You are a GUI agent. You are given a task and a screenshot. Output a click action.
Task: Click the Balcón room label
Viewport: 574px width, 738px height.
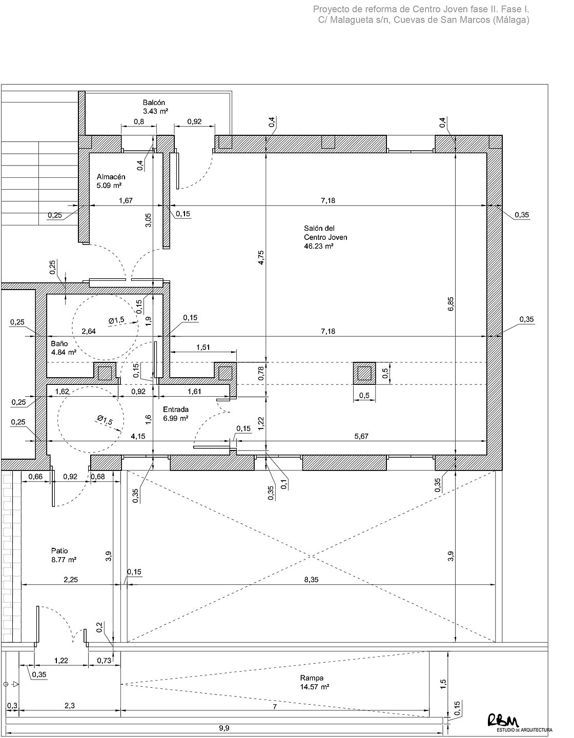click(x=154, y=102)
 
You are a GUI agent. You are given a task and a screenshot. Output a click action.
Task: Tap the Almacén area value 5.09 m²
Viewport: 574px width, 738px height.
click(x=109, y=186)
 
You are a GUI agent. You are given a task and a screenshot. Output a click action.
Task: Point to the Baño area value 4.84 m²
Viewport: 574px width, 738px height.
click(x=64, y=352)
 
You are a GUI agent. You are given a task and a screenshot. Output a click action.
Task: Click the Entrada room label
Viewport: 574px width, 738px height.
click(x=176, y=409)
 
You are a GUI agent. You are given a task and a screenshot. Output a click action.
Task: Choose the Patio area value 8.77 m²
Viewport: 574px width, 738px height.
click(x=64, y=559)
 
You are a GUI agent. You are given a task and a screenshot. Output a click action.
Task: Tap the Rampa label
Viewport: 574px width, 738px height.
click(x=312, y=678)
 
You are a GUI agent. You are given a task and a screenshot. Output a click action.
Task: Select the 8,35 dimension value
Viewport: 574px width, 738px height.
click(x=311, y=580)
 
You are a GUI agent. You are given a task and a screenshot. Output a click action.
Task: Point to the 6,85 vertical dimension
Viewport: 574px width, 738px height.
click(x=450, y=304)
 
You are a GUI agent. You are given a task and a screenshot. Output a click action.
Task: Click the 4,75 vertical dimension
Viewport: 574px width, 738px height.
click(x=260, y=257)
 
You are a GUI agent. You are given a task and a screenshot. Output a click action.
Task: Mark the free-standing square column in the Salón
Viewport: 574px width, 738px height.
click(x=364, y=373)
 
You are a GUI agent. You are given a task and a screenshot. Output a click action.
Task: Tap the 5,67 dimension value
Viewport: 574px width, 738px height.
click(x=361, y=436)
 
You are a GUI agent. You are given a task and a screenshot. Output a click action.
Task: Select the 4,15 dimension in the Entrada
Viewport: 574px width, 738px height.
click(x=138, y=436)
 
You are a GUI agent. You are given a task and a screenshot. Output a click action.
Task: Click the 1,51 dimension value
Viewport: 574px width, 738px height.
click(x=203, y=347)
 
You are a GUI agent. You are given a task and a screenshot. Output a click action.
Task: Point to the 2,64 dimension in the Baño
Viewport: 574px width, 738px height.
click(x=89, y=331)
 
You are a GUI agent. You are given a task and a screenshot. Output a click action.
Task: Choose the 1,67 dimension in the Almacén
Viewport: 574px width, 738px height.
click(x=126, y=200)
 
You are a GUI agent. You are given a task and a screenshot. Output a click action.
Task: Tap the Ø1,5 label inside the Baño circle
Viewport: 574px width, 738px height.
click(x=116, y=320)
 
